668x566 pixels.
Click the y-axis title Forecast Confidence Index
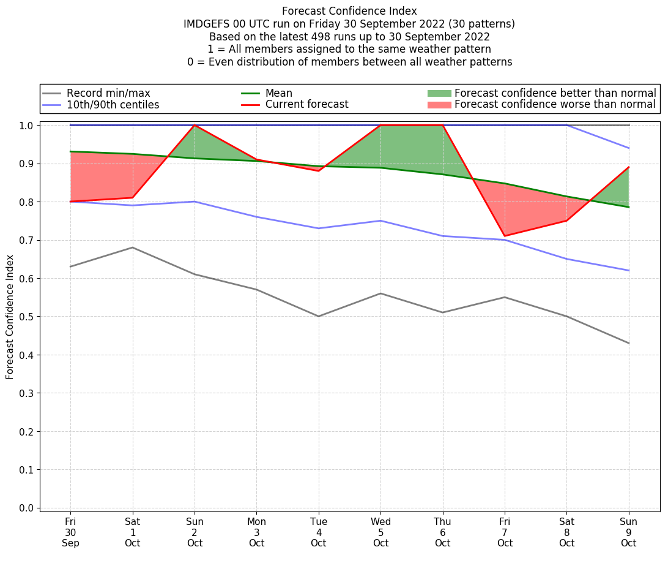click(10, 317)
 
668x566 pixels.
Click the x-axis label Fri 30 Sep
click(70, 532)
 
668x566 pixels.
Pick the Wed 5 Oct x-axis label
click(380, 532)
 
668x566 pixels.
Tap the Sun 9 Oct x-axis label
click(628, 532)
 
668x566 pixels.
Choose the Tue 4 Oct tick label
click(318, 532)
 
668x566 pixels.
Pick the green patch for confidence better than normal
click(439, 93)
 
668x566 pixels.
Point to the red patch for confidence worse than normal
click(439, 105)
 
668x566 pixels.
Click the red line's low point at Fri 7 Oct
click(505, 236)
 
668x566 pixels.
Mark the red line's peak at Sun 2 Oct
click(195, 126)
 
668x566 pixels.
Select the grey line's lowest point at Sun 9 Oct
click(628, 343)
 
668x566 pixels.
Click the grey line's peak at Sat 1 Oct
click(133, 247)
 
